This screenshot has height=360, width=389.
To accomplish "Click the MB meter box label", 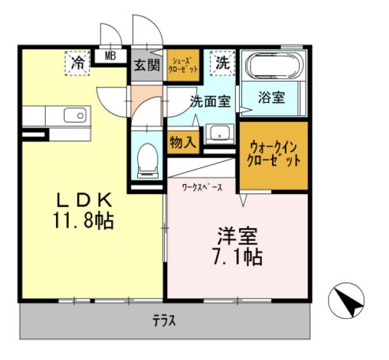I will [111, 57].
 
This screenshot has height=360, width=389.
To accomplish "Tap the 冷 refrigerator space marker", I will [78, 62].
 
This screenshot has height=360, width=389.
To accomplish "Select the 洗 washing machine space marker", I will [222, 62].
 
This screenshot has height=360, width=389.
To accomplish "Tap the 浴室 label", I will [271, 98].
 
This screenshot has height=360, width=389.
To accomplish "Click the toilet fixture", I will [147, 158].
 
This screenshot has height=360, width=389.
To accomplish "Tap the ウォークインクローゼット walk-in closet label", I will [274, 154].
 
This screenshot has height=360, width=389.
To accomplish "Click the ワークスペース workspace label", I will [202, 187].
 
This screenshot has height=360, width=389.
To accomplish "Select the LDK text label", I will [85, 201].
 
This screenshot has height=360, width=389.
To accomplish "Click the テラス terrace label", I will [164, 321].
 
